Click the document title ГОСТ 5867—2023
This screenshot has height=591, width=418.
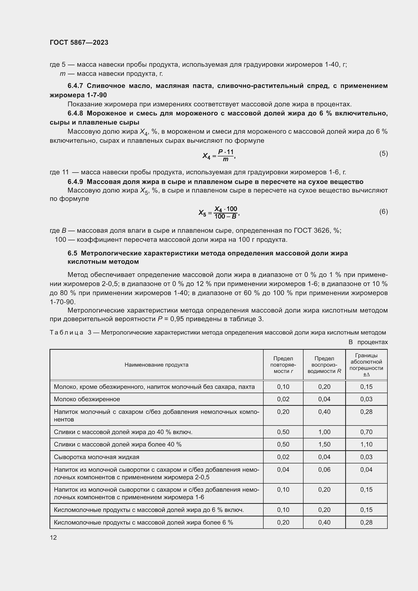tap(79, 42)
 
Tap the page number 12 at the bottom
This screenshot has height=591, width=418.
tap(53, 537)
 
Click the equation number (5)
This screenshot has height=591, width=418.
tap(383, 154)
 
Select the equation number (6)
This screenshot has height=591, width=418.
tap(383, 211)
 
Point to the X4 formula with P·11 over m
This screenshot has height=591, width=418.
tap(219, 155)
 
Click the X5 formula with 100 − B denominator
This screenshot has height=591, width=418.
tap(219, 212)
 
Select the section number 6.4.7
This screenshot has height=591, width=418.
tap(75, 86)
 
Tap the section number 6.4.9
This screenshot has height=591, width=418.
tap(75, 182)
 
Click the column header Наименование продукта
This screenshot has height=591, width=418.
tap(156, 365)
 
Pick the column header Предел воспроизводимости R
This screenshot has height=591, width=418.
tap(324, 365)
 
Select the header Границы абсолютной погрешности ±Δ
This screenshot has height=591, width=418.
tap(366, 365)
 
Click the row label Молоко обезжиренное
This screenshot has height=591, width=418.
tap(87, 399)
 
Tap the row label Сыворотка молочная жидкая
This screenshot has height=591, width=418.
tap(96, 457)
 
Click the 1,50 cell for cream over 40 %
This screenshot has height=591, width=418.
tap(324, 444)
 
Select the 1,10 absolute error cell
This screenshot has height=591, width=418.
tap(366, 444)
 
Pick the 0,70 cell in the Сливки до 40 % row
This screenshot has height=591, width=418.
tap(366, 432)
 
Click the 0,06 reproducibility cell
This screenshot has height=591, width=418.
tap(324, 470)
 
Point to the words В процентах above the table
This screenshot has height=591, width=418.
tap(368, 342)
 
